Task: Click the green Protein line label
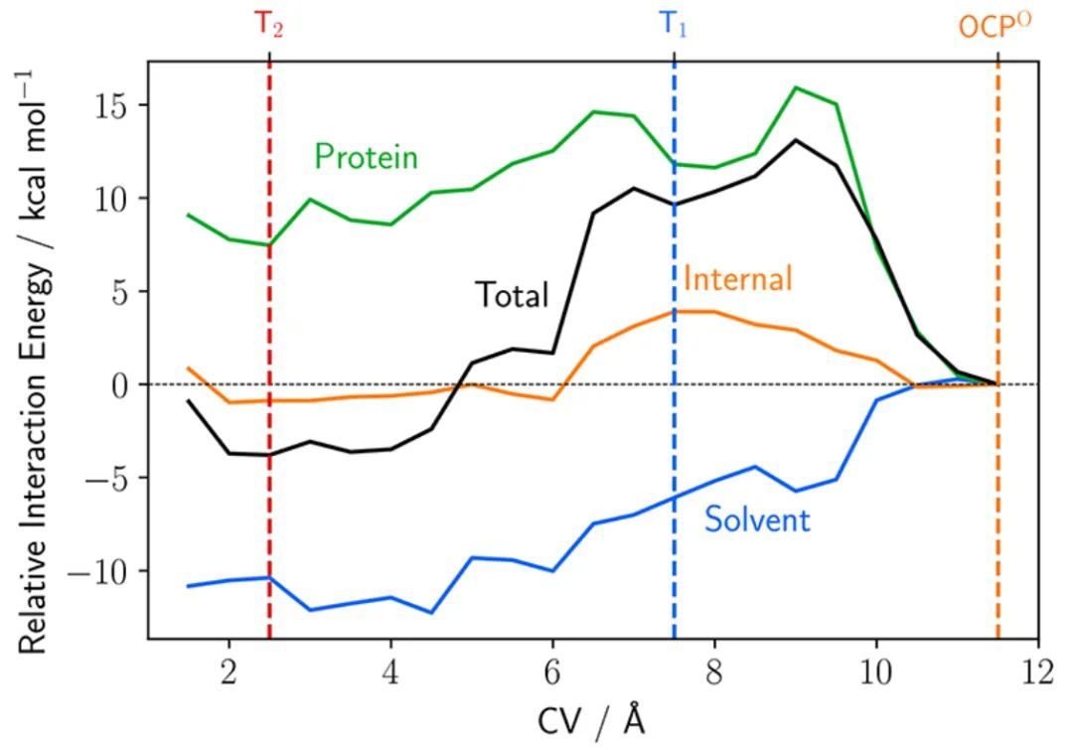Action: click(x=366, y=157)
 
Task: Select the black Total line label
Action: click(x=511, y=295)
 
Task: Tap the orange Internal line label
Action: click(x=737, y=278)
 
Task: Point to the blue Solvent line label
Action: click(x=757, y=519)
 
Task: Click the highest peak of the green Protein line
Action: click(x=795, y=87)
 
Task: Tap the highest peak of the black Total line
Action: click(x=795, y=139)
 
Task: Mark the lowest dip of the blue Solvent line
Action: click(x=431, y=613)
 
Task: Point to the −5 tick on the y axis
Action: click(x=110, y=478)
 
